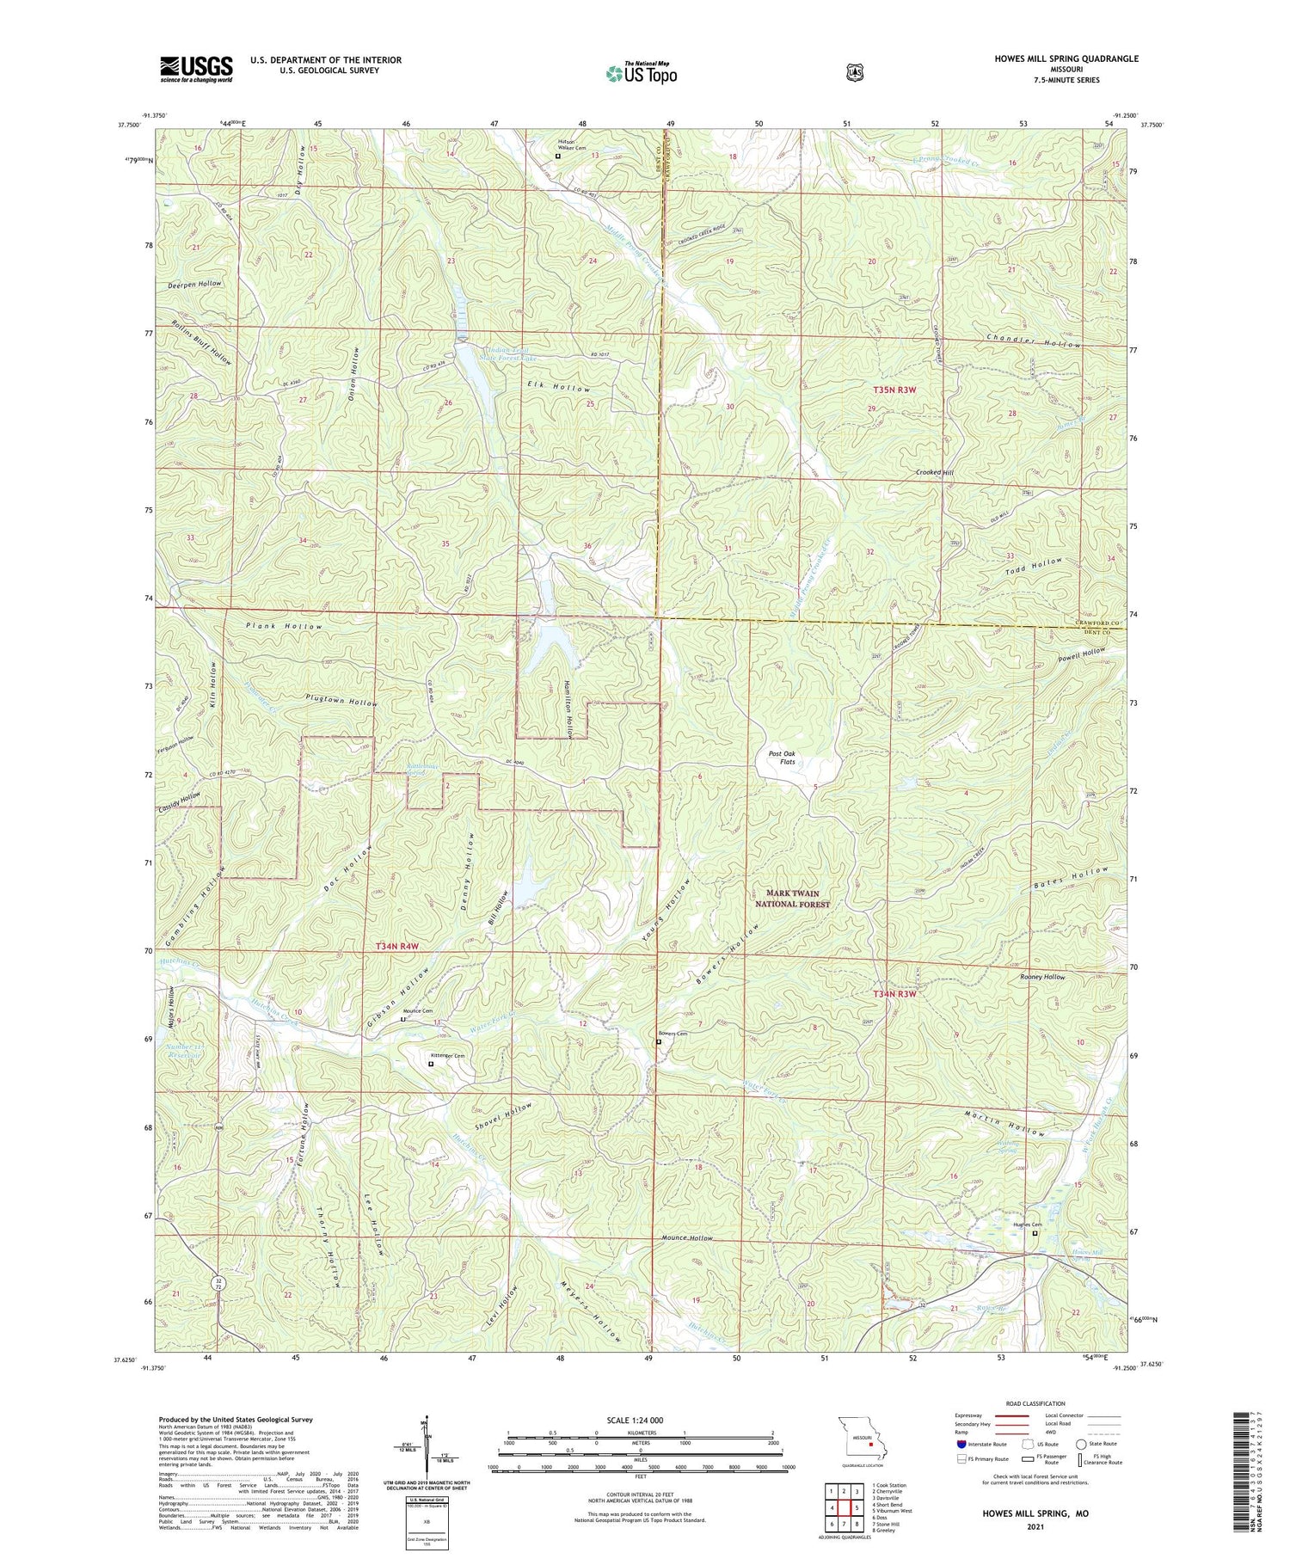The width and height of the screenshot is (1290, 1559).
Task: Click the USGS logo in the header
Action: coord(196,69)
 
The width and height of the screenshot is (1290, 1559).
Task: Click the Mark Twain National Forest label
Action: coord(792,899)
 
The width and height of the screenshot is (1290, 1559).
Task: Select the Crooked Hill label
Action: coord(934,473)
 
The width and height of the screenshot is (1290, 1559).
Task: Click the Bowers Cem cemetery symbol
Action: coord(659,1042)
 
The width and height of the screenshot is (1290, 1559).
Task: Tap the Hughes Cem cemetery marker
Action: coord(1035,1233)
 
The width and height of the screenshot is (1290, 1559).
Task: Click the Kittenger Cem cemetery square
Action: coord(431,1065)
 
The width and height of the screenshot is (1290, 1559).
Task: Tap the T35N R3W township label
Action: coord(894,390)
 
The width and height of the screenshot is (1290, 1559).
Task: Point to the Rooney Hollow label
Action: coord(1041,978)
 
